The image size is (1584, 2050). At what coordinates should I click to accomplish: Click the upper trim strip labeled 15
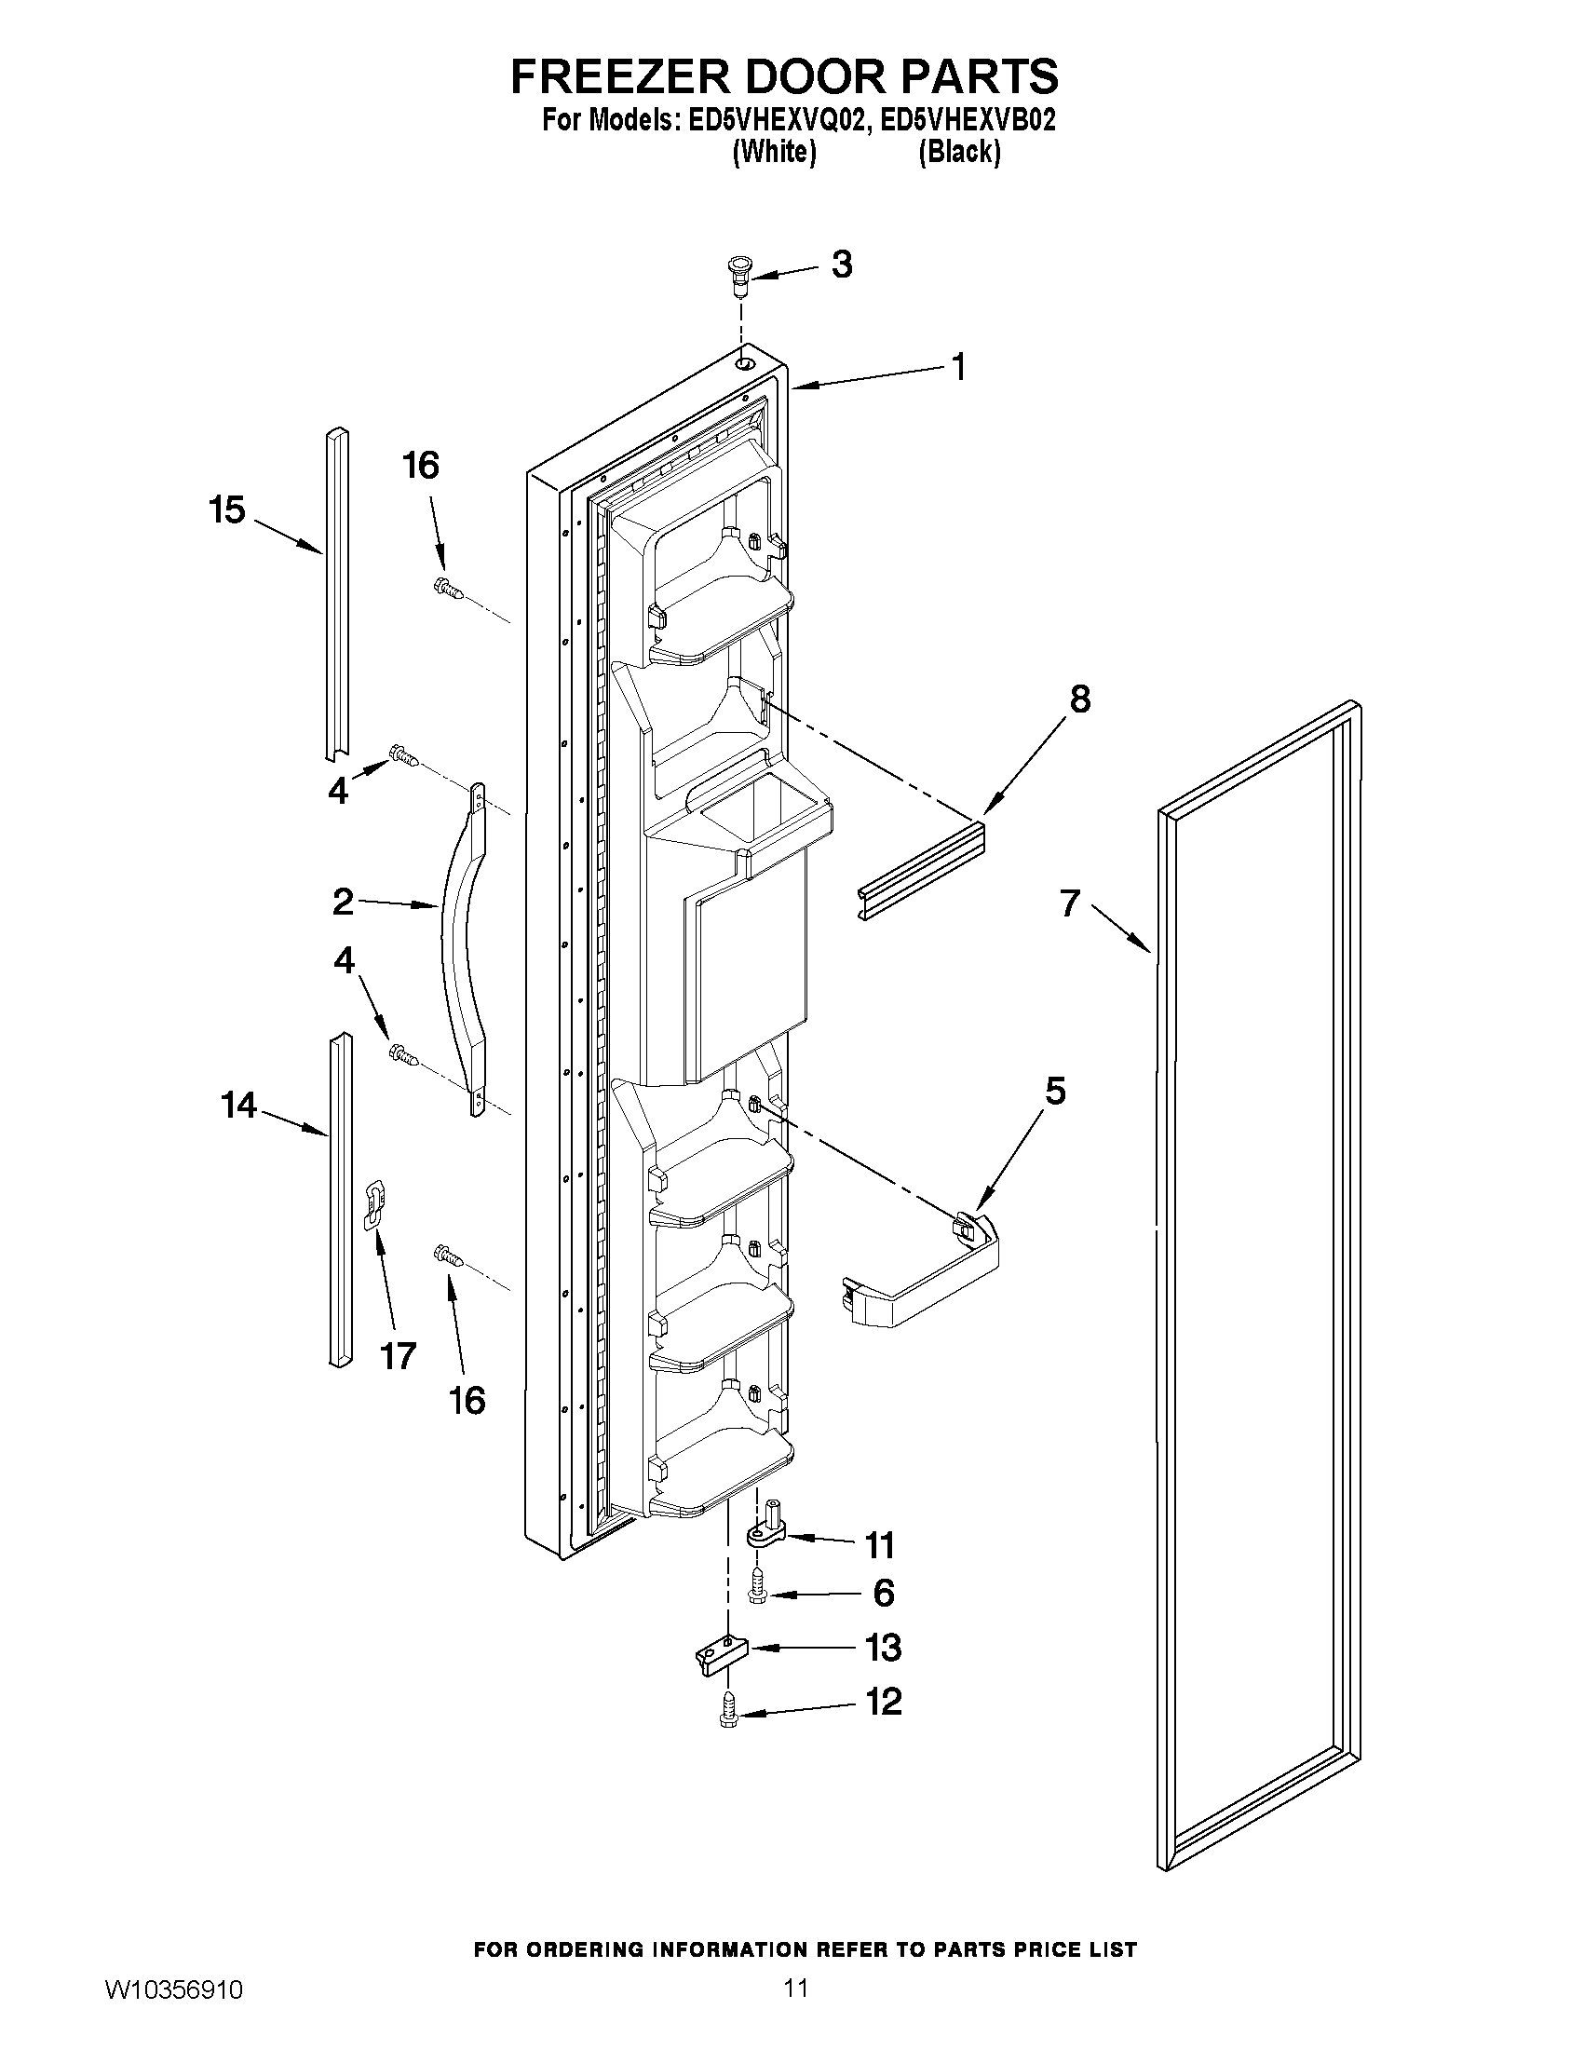point(338,595)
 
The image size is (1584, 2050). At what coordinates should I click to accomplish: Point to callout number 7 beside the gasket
point(1070,903)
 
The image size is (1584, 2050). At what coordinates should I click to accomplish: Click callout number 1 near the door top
point(957,367)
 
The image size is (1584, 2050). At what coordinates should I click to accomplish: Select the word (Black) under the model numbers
point(959,151)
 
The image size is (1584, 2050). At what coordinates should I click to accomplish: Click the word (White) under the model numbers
point(773,151)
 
